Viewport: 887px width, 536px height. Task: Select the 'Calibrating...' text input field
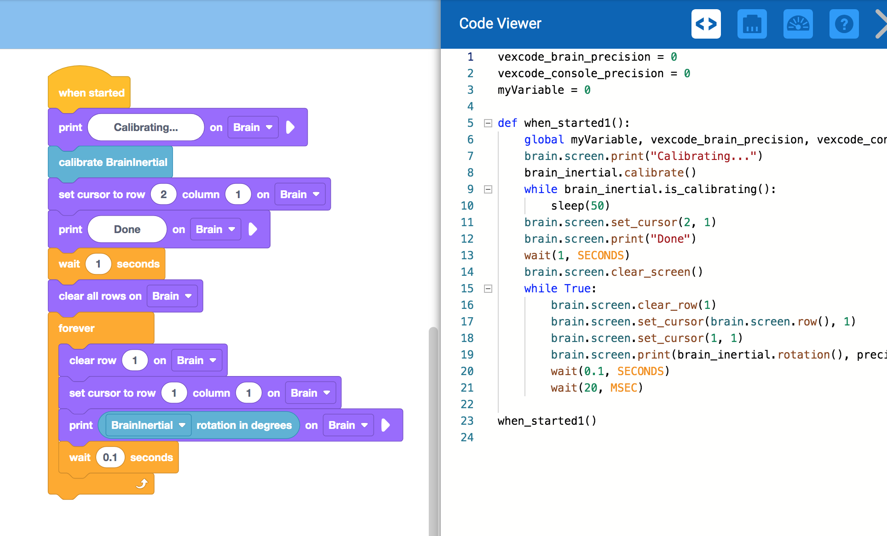tap(146, 127)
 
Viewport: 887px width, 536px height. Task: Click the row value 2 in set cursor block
tap(163, 194)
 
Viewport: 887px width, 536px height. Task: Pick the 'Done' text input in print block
tap(127, 229)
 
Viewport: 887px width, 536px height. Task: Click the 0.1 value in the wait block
tap(110, 457)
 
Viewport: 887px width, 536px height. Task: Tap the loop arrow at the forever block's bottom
tap(142, 483)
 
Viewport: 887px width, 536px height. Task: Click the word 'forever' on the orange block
tap(76, 328)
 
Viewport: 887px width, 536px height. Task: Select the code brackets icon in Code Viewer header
tap(706, 24)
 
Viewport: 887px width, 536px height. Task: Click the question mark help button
tap(844, 24)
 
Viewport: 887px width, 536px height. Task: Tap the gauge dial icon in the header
tap(798, 24)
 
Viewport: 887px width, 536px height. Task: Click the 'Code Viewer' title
tap(500, 23)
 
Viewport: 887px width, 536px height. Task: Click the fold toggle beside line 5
tap(488, 123)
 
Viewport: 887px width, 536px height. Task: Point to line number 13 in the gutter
tap(467, 256)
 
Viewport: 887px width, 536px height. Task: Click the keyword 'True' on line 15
tap(577, 289)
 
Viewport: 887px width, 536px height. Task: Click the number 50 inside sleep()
tap(597, 206)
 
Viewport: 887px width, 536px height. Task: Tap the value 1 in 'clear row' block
tap(135, 360)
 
